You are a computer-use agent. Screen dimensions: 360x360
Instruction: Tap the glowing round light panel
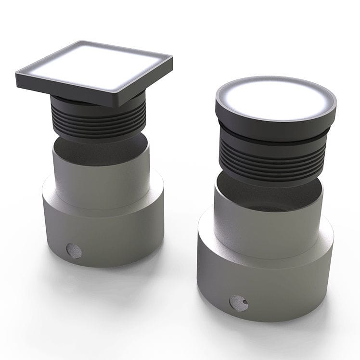coord(276,98)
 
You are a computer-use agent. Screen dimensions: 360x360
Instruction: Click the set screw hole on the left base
coord(74,250)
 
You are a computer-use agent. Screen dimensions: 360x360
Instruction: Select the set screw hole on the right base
coord(239,302)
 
